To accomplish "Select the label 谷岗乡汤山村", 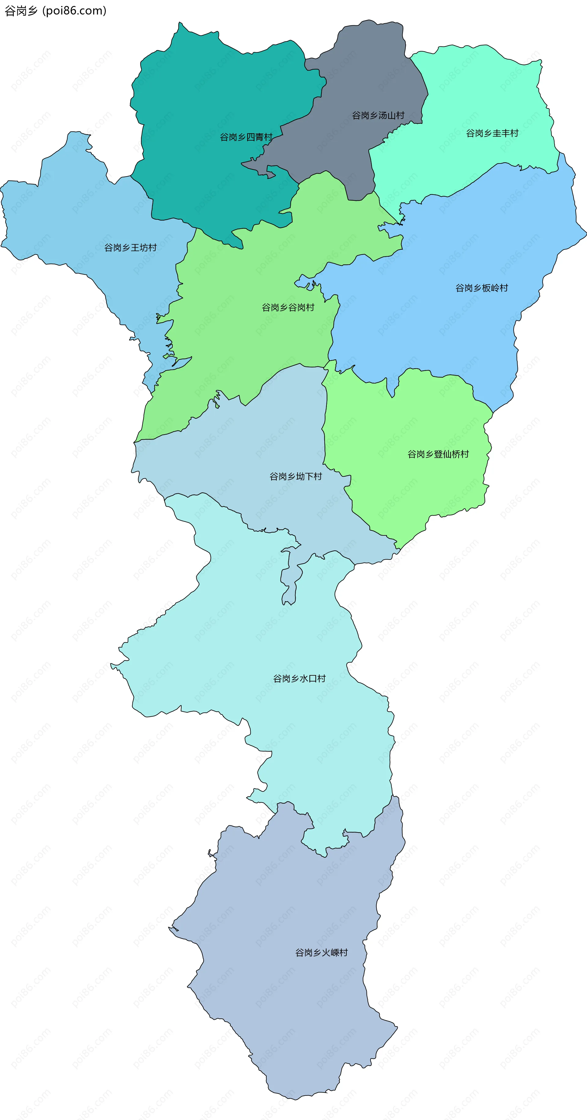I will pos(378,116).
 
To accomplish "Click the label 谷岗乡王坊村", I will pos(131,248).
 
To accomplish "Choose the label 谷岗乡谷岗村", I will pos(288,308).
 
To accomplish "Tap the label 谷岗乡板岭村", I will pos(481,288).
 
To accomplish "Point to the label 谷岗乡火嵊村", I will pos(321,953).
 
